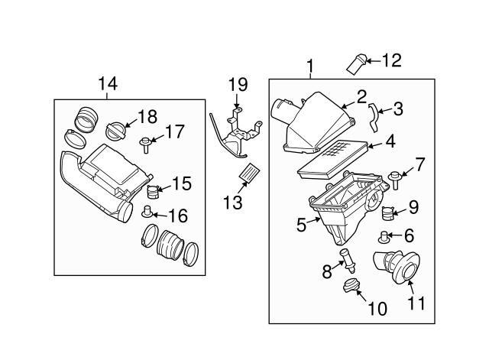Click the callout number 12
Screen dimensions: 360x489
[x=390, y=59]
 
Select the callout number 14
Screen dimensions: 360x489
[x=108, y=83]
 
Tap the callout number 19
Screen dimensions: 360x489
[x=238, y=84]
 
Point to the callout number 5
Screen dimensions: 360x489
[x=301, y=225]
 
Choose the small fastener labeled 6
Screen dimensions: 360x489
[x=387, y=236]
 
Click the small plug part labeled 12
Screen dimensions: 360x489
[x=357, y=64]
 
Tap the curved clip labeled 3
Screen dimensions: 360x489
[x=374, y=117]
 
